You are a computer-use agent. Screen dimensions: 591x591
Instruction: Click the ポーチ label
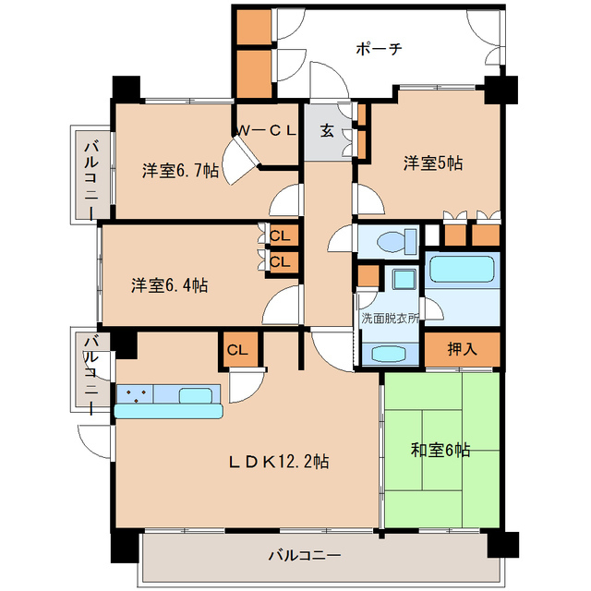[x=378, y=49]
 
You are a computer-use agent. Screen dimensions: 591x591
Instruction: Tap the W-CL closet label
[x=266, y=131]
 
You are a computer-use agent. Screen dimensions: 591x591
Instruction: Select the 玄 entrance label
[x=327, y=130]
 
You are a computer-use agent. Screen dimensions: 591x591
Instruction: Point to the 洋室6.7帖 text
[x=180, y=171]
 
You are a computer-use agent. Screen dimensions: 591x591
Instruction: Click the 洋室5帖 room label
[x=432, y=163]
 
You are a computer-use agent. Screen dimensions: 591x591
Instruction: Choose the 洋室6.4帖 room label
[x=168, y=285]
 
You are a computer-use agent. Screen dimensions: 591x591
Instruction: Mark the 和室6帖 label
[x=440, y=450]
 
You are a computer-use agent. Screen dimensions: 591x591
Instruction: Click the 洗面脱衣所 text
[x=389, y=317]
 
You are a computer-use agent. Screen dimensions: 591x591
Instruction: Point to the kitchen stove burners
[x=134, y=395]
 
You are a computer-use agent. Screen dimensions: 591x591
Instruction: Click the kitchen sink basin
[x=199, y=395]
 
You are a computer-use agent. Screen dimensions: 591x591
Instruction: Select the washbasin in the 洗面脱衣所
[x=389, y=354]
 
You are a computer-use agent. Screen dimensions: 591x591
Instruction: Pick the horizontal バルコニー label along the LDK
[x=305, y=557]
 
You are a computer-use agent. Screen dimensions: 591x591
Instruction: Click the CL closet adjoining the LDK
[x=236, y=349]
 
